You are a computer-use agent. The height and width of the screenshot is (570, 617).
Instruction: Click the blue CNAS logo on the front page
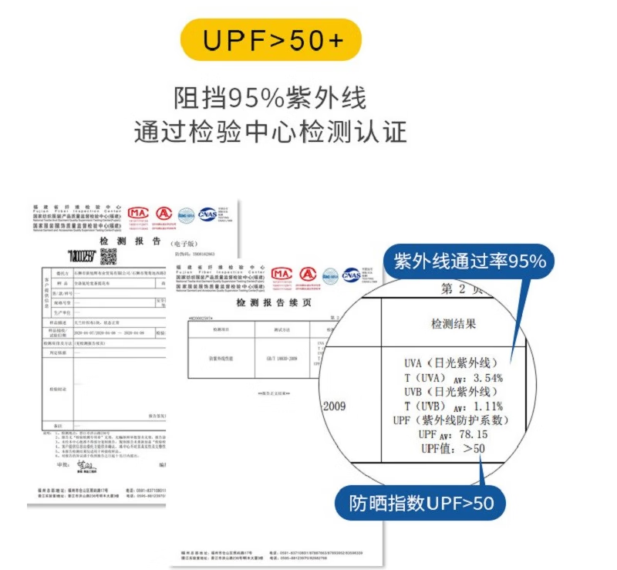tap(351, 275)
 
